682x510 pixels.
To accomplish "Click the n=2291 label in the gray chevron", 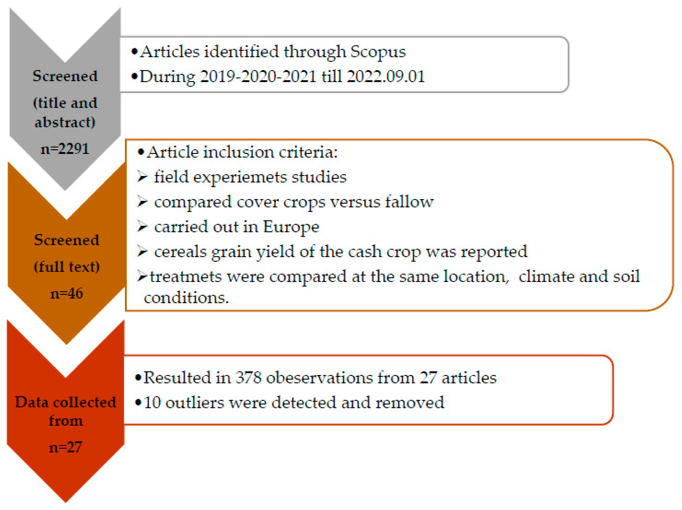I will [x=65, y=149].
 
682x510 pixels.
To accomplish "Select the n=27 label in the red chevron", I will [x=65, y=447].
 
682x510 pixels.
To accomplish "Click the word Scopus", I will [x=378, y=52].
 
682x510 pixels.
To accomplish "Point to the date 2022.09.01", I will [x=385, y=76].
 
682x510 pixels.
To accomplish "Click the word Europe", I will [x=291, y=227].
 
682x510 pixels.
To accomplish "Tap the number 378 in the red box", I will [x=249, y=378].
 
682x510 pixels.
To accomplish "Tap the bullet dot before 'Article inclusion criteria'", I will [x=141, y=152].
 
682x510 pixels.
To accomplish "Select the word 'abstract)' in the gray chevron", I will [x=65, y=122].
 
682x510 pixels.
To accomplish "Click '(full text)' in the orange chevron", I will [x=67, y=267].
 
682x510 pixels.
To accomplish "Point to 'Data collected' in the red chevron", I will [x=66, y=402].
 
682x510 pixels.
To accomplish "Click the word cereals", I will [x=180, y=252].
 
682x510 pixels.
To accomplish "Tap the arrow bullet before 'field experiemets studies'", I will [x=142, y=177].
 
